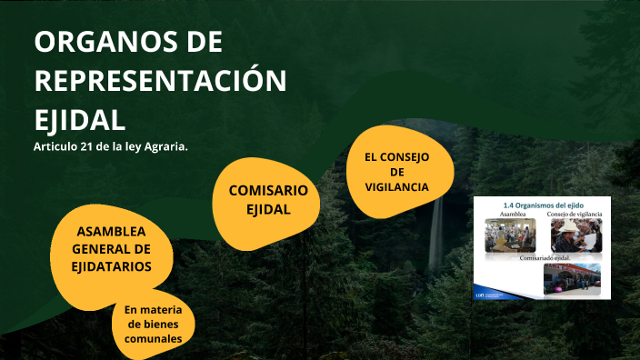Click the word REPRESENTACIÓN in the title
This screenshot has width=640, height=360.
160,81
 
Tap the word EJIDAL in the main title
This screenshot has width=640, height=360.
79,120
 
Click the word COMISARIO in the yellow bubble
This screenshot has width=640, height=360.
268,190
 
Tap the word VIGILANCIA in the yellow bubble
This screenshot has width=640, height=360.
396,186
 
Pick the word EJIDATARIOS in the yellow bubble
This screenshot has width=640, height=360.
112,265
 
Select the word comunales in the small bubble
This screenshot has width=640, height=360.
154,338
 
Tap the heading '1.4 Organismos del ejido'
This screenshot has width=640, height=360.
542,204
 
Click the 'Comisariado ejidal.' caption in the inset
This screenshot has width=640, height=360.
542,258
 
